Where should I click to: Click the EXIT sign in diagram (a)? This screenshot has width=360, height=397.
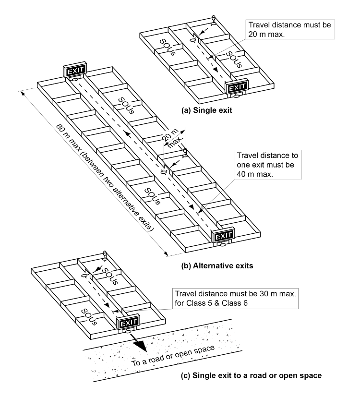tap(237, 87)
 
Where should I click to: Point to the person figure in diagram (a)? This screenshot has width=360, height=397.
tap(214, 20)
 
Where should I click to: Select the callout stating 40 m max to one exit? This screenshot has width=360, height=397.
tap(267, 164)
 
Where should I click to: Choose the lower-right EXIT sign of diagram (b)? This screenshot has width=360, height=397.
tap(223, 235)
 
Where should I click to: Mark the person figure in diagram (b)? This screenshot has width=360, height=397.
tap(185, 153)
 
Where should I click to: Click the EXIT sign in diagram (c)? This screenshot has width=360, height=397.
tap(128, 321)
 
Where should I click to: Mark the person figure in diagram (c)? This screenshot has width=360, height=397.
tap(104, 254)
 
